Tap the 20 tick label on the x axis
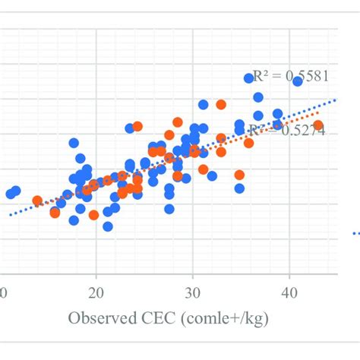[x=96, y=294]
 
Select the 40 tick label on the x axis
[x=289, y=294]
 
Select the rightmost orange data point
[x=318, y=125]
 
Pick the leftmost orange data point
[x=37, y=201]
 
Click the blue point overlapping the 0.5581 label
[x=297, y=81]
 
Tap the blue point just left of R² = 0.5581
[x=248, y=78]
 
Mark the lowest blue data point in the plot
[x=108, y=226]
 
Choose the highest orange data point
[x=221, y=104]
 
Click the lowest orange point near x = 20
[x=93, y=215]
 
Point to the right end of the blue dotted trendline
[x=334, y=98]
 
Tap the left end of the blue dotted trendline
[x=11, y=215]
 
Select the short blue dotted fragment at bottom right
[x=355, y=233]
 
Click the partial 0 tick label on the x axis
[x=4, y=294]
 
